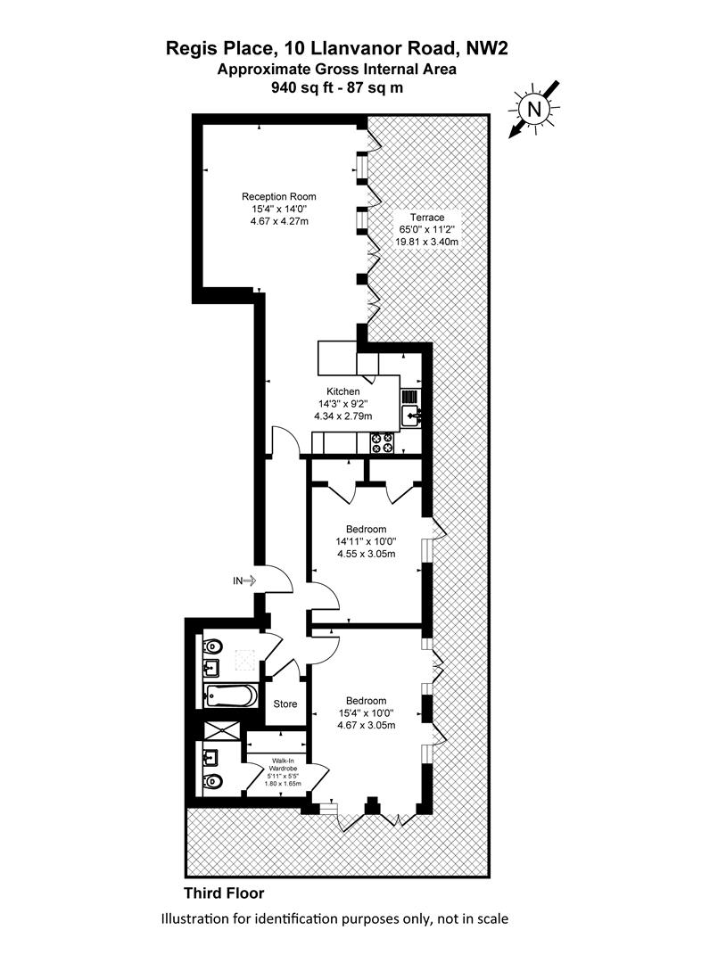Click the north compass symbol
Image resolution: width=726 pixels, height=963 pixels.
coord(534,110)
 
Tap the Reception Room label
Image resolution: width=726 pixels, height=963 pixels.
coord(279,196)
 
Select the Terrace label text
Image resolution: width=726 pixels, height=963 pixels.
coord(427,218)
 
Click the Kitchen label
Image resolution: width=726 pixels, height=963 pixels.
coord(342,391)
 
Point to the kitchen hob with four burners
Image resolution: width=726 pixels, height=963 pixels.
coord(381,443)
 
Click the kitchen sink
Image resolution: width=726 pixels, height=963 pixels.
coord(410,416)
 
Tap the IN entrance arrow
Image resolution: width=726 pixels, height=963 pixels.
coord(243,580)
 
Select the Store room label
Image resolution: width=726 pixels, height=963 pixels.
coord(285,704)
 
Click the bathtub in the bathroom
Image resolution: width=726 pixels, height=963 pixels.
coord(230,695)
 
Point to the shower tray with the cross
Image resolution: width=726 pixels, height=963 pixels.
coord(221,731)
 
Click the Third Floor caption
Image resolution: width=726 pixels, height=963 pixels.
coord(224,893)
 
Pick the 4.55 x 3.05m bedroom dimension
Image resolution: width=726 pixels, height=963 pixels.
coord(366,554)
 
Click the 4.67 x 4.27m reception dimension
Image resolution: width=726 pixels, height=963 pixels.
coord(279,220)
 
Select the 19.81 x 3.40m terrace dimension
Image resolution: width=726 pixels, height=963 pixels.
coord(426,242)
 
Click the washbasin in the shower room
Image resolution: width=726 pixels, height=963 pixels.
coord(210,756)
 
